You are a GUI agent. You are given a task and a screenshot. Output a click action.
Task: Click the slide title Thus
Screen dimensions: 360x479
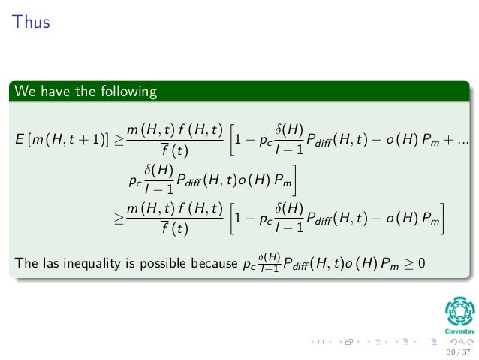[x=30, y=22]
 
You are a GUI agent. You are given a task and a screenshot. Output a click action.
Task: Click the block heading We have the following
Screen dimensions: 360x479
[x=85, y=92]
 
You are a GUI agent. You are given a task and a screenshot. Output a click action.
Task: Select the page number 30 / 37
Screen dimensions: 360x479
[x=457, y=351]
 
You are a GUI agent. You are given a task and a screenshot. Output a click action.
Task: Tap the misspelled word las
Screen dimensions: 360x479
[x=53, y=263]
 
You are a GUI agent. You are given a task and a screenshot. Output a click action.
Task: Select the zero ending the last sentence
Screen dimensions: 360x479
[x=421, y=262]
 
